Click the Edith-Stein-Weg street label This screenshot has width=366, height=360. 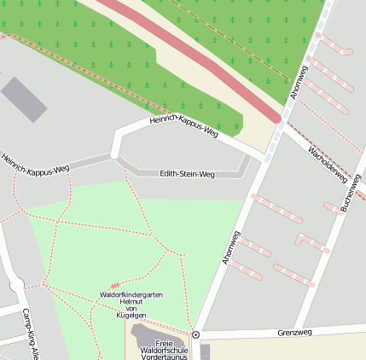point(187,174)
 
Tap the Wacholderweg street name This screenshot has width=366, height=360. point(328,164)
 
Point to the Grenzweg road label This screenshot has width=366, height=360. point(295,332)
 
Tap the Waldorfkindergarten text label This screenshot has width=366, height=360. point(131,294)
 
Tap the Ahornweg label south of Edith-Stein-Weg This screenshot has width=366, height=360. point(231,247)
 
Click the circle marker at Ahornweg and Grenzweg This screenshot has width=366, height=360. point(195,334)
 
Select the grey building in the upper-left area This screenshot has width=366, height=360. point(23,99)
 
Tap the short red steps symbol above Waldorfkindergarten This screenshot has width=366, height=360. point(115,284)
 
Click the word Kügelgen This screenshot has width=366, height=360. point(131,315)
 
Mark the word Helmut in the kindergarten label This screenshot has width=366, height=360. point(131,301)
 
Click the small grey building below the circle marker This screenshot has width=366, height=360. point(205,351)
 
